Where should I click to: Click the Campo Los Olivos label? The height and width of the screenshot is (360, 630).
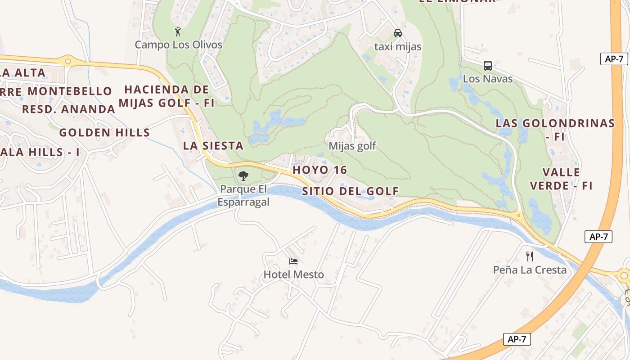click(179, 45)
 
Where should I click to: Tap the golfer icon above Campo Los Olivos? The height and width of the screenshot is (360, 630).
click(178, 31)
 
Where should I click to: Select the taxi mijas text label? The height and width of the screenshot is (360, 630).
click(398, 47)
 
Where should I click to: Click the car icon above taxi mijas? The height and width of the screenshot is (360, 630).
click(398, 33)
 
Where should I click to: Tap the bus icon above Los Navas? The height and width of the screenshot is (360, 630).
click(488, 66)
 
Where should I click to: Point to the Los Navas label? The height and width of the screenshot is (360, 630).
click(488, 79)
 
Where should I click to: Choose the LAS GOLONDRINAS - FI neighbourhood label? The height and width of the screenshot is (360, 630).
click(555, 129)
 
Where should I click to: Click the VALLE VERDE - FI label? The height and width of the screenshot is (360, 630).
click(561, 179)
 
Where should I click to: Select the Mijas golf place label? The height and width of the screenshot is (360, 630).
click(352, 146)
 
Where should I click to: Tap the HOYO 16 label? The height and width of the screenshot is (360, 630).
click(320, 170)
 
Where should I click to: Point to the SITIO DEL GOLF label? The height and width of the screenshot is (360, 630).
click(351, 191)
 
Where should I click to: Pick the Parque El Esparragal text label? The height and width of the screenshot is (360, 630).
click(243, 195)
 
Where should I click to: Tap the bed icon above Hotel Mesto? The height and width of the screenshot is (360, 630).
click(294, 261)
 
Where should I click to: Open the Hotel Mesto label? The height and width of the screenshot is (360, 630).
click(294, 274)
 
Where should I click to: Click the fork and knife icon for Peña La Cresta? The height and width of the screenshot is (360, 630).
click(530, 256)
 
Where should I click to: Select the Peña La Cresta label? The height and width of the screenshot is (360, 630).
click(530, 270)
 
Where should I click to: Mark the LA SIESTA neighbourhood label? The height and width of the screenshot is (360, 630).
click(213, 146)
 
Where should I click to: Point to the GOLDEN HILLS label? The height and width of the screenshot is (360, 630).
click(104, 132)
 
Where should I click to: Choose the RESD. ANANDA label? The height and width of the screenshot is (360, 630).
click(69, 109)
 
